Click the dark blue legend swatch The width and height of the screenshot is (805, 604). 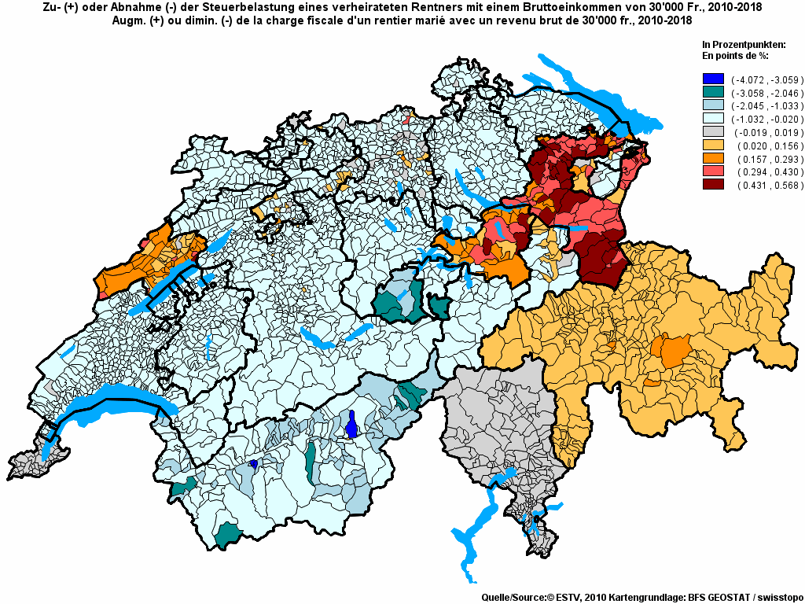[713, 79]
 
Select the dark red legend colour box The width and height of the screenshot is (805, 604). [713, 185]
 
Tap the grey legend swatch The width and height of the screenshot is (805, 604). [713, 132]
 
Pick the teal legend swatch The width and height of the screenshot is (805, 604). [713, 93]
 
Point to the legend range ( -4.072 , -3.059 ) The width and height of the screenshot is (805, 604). [766, 79]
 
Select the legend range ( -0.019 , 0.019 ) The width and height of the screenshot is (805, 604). [766, 132]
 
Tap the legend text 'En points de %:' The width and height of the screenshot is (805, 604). [734, 56]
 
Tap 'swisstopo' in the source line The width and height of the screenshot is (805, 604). [776, 598]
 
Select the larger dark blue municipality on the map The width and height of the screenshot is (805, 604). [352, 425]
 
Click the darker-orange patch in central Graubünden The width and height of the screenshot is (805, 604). [675, 349]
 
